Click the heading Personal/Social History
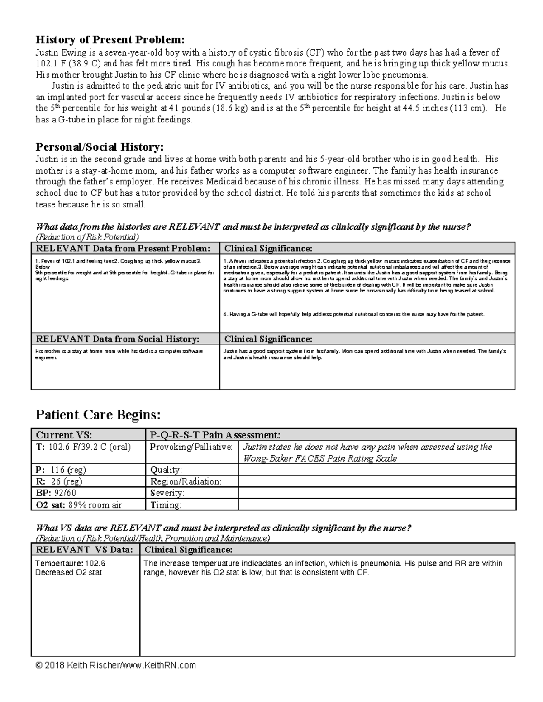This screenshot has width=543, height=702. pyautogui.click(x=100, y=147)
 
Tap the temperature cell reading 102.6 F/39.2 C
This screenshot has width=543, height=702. pyautogui.click(x=83, y=447)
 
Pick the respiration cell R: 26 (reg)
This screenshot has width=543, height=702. pyautogui.click(x=59, y=481)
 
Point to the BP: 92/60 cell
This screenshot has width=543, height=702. pyautogui.click(x=56, y=493)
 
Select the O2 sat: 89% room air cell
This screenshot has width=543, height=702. pyautogui.click(x=79, y=505)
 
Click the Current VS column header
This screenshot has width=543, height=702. pyautogui.click(x=64, y=435)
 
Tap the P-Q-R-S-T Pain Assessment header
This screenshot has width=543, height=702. pyautogui.click(x=215, y=435)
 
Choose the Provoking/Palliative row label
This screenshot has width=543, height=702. pyautogui.click(x=191, y=447)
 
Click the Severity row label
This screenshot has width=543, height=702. pyautogui.click(x=167, y=493)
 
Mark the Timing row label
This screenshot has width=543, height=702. pyautogui.click(x=166, y=505)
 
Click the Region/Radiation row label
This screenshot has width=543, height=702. pyautogui.click(x=186, y=481)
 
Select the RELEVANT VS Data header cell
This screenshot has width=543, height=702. pyautogui.click(x=85, y=550)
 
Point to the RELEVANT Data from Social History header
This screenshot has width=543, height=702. pyautogui.click(x=118, y=339)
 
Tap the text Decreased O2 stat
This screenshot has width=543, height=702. pyautogui.click(x=68, y=572)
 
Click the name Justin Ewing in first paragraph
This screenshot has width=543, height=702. pyautogui.click(x=59, y=52)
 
